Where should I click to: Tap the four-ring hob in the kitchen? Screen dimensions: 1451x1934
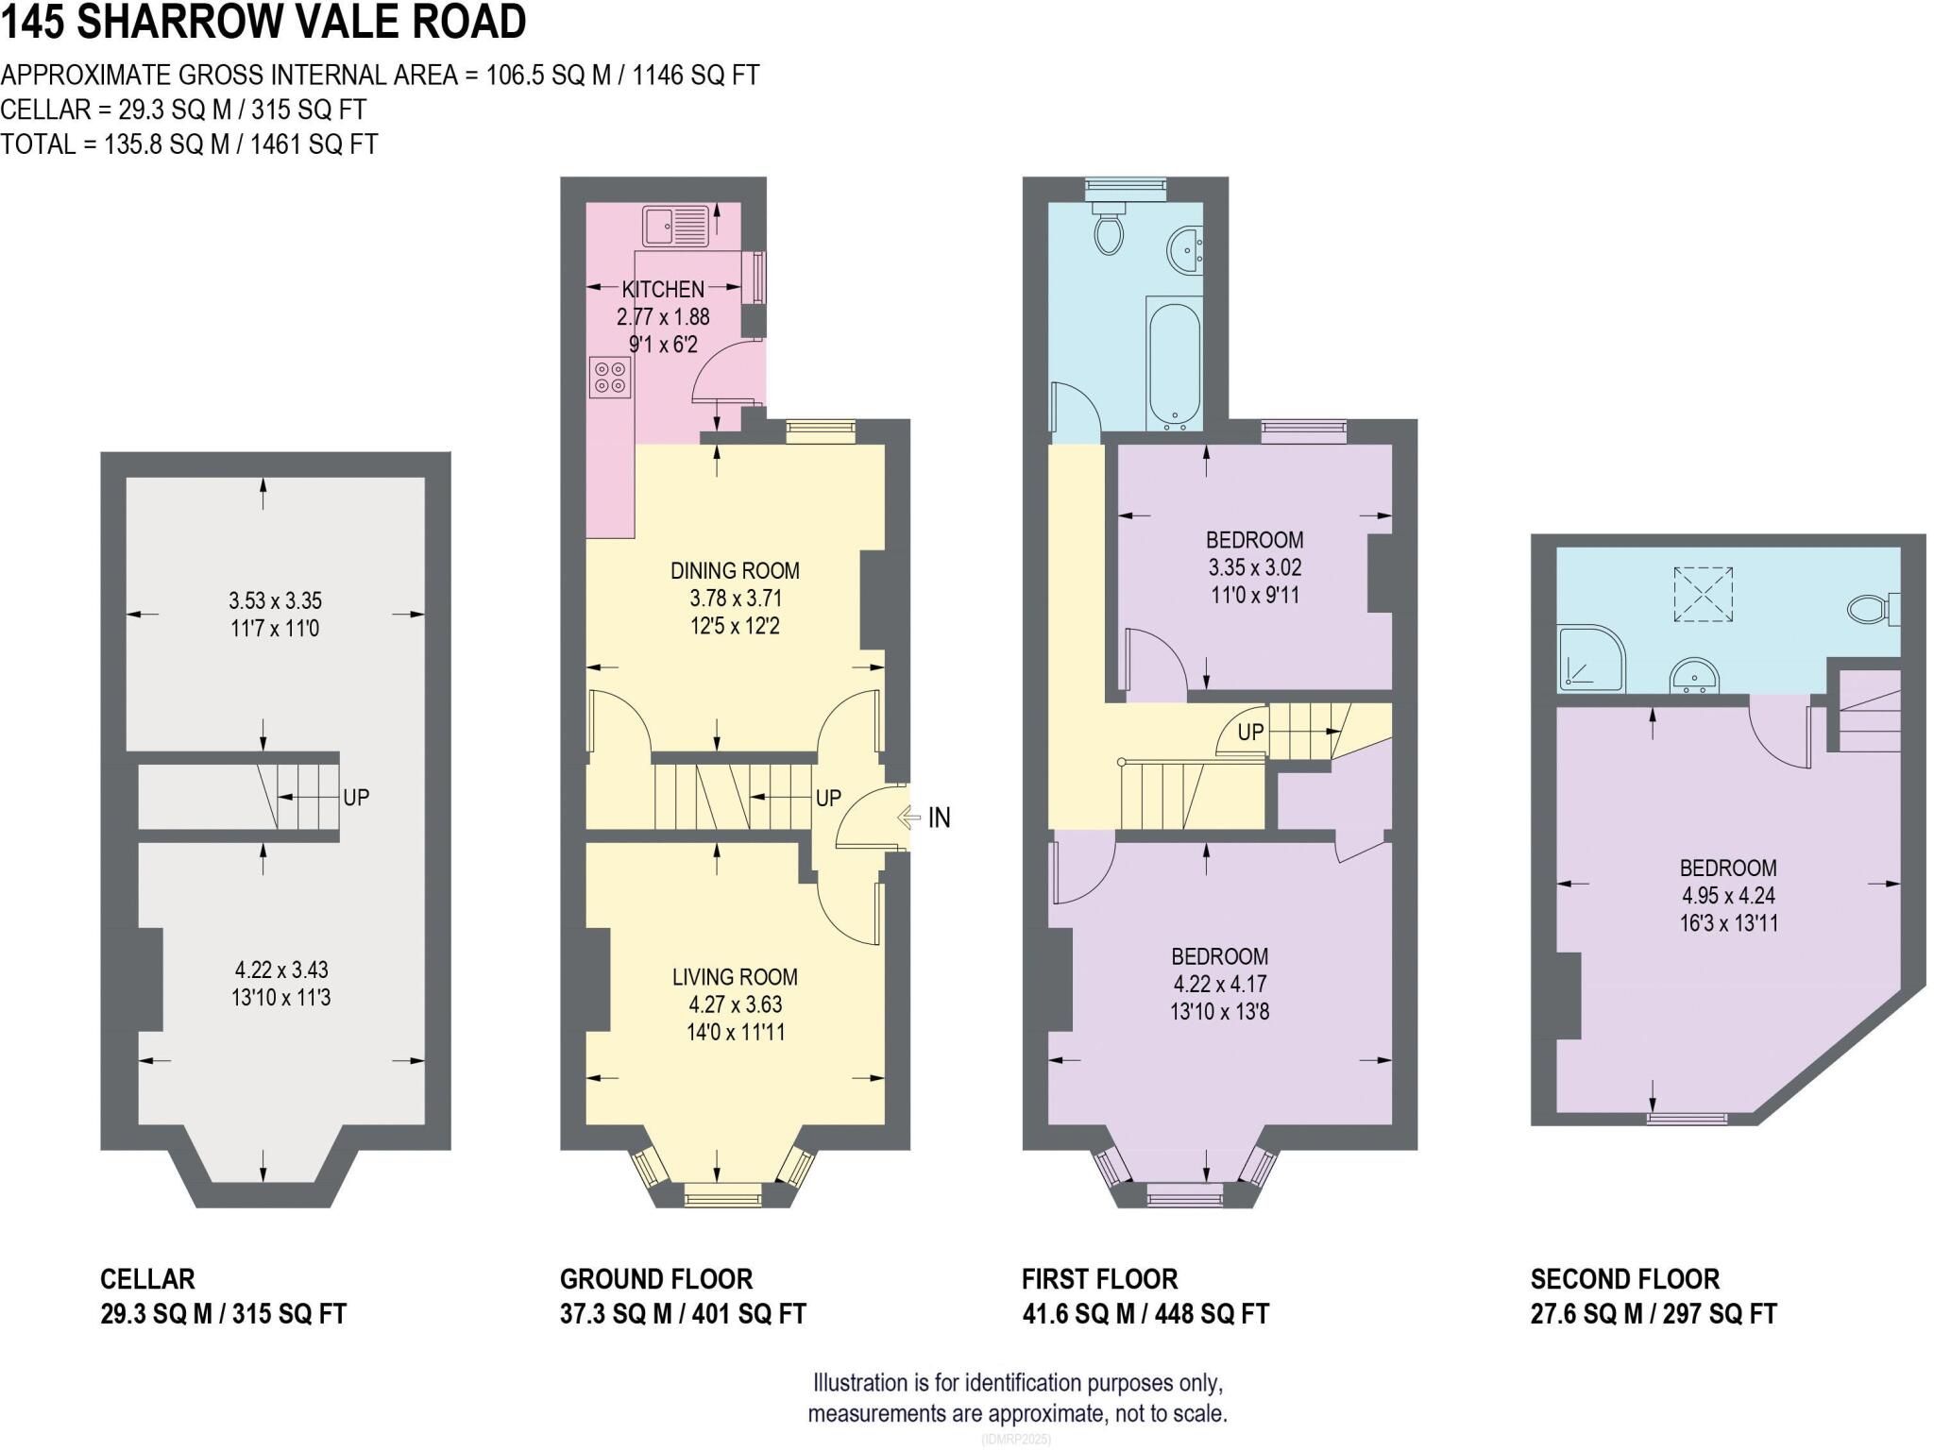pyautogui.click(x=609, y=377)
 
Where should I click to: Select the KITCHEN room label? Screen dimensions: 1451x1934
pyautogui.click(x=663, y=289)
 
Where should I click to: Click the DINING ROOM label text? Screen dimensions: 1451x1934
pyautogui.click(x=735, y=570)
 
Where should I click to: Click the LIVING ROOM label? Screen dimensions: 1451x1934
pyautogui.click(x=735, y=977)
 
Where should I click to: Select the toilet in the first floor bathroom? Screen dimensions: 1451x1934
pyautogui.click(x=1109, y=231)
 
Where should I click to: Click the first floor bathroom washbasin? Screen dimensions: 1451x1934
pyautogui.click(x=1185, y=251)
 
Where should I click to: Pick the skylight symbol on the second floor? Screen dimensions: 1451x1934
pyautogui.click(x=1703, y=594)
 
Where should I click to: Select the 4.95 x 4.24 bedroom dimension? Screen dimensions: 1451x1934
pyautogui.click(x=1727, y=895)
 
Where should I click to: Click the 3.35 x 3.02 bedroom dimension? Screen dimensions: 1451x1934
pyautogui.click(x=1255, y=567)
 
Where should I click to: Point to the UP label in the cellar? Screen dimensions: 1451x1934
pyautogui.click(x=356, y=798)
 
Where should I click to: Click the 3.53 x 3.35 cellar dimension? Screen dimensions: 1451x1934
pyautogui.click(x=275, y=600)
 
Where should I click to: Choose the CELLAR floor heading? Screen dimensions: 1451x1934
pyautogui.click(x=147, y=1279)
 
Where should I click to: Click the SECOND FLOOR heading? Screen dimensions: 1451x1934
pyautogui.click(x=1624, y=1279)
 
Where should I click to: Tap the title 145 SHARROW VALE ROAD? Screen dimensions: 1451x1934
pyautogui.click(x=263, y=23)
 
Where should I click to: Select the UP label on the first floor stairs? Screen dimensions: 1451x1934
pyautogui.click(x=1250, y=732)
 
